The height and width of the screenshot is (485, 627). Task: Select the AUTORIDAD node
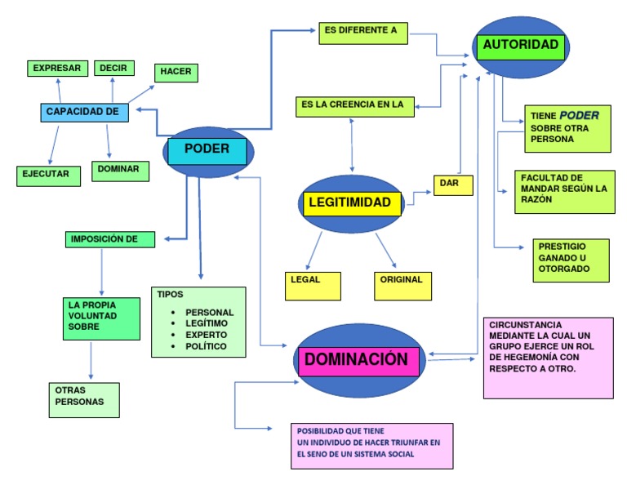click(x=522, y=46)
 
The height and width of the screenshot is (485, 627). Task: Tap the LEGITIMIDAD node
click(x=352, y=203)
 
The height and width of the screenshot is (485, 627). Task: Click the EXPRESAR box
click(x=56, y=69)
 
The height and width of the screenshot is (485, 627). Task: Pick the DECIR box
click(x=113, y=69)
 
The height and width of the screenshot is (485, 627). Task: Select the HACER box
click(x=176, y=73)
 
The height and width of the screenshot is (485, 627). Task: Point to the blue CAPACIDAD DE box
click(x=84, y=113)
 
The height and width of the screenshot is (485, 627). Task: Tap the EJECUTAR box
click(x=48, y=175)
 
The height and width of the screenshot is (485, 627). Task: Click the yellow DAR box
click(x=452, y=185)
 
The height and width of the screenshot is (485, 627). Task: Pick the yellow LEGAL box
click(x=311, y=284)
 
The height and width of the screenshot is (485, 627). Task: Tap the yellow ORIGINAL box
click(x=402, y=284)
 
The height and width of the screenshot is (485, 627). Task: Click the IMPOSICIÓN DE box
click(x=109, y=239)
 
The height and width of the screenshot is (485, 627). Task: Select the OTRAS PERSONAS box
click(x=82, y=400)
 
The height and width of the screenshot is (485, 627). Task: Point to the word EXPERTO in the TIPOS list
click(x=206, y=335)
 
